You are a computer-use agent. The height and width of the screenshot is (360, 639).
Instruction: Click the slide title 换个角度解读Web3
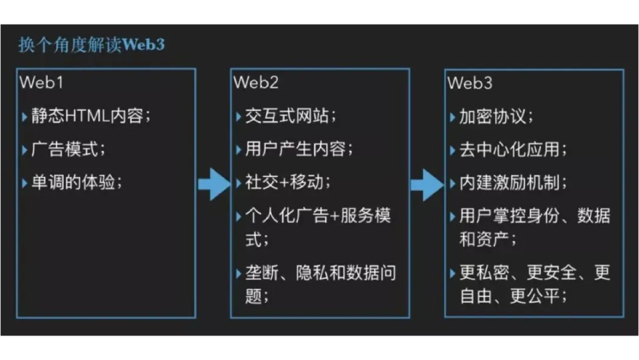coord(91,45)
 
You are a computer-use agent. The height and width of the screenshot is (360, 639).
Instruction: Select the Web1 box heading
coord(41,82)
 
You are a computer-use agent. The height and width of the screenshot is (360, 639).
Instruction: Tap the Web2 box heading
coord(256,82)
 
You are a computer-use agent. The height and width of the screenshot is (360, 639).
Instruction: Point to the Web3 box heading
coord(470,82)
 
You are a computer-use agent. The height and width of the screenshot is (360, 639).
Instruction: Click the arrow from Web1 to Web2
coord(213,184)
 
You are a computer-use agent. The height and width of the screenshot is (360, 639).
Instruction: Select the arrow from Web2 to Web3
coord(427,184)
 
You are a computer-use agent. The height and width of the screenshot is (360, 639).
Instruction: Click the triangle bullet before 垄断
coord(238,274)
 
